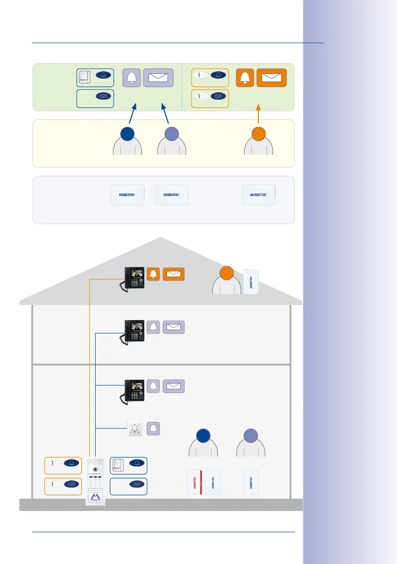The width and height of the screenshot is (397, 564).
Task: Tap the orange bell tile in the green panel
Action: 245,78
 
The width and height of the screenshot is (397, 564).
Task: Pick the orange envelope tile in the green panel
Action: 272,78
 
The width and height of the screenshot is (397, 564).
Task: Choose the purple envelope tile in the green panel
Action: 158,78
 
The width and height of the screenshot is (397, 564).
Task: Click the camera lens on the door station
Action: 96,470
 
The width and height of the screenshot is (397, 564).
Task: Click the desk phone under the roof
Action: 134,278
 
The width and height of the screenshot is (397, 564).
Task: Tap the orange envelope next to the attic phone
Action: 174,274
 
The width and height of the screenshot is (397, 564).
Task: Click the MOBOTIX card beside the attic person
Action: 251,282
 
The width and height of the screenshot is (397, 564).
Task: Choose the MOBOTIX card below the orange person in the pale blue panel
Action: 259,195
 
